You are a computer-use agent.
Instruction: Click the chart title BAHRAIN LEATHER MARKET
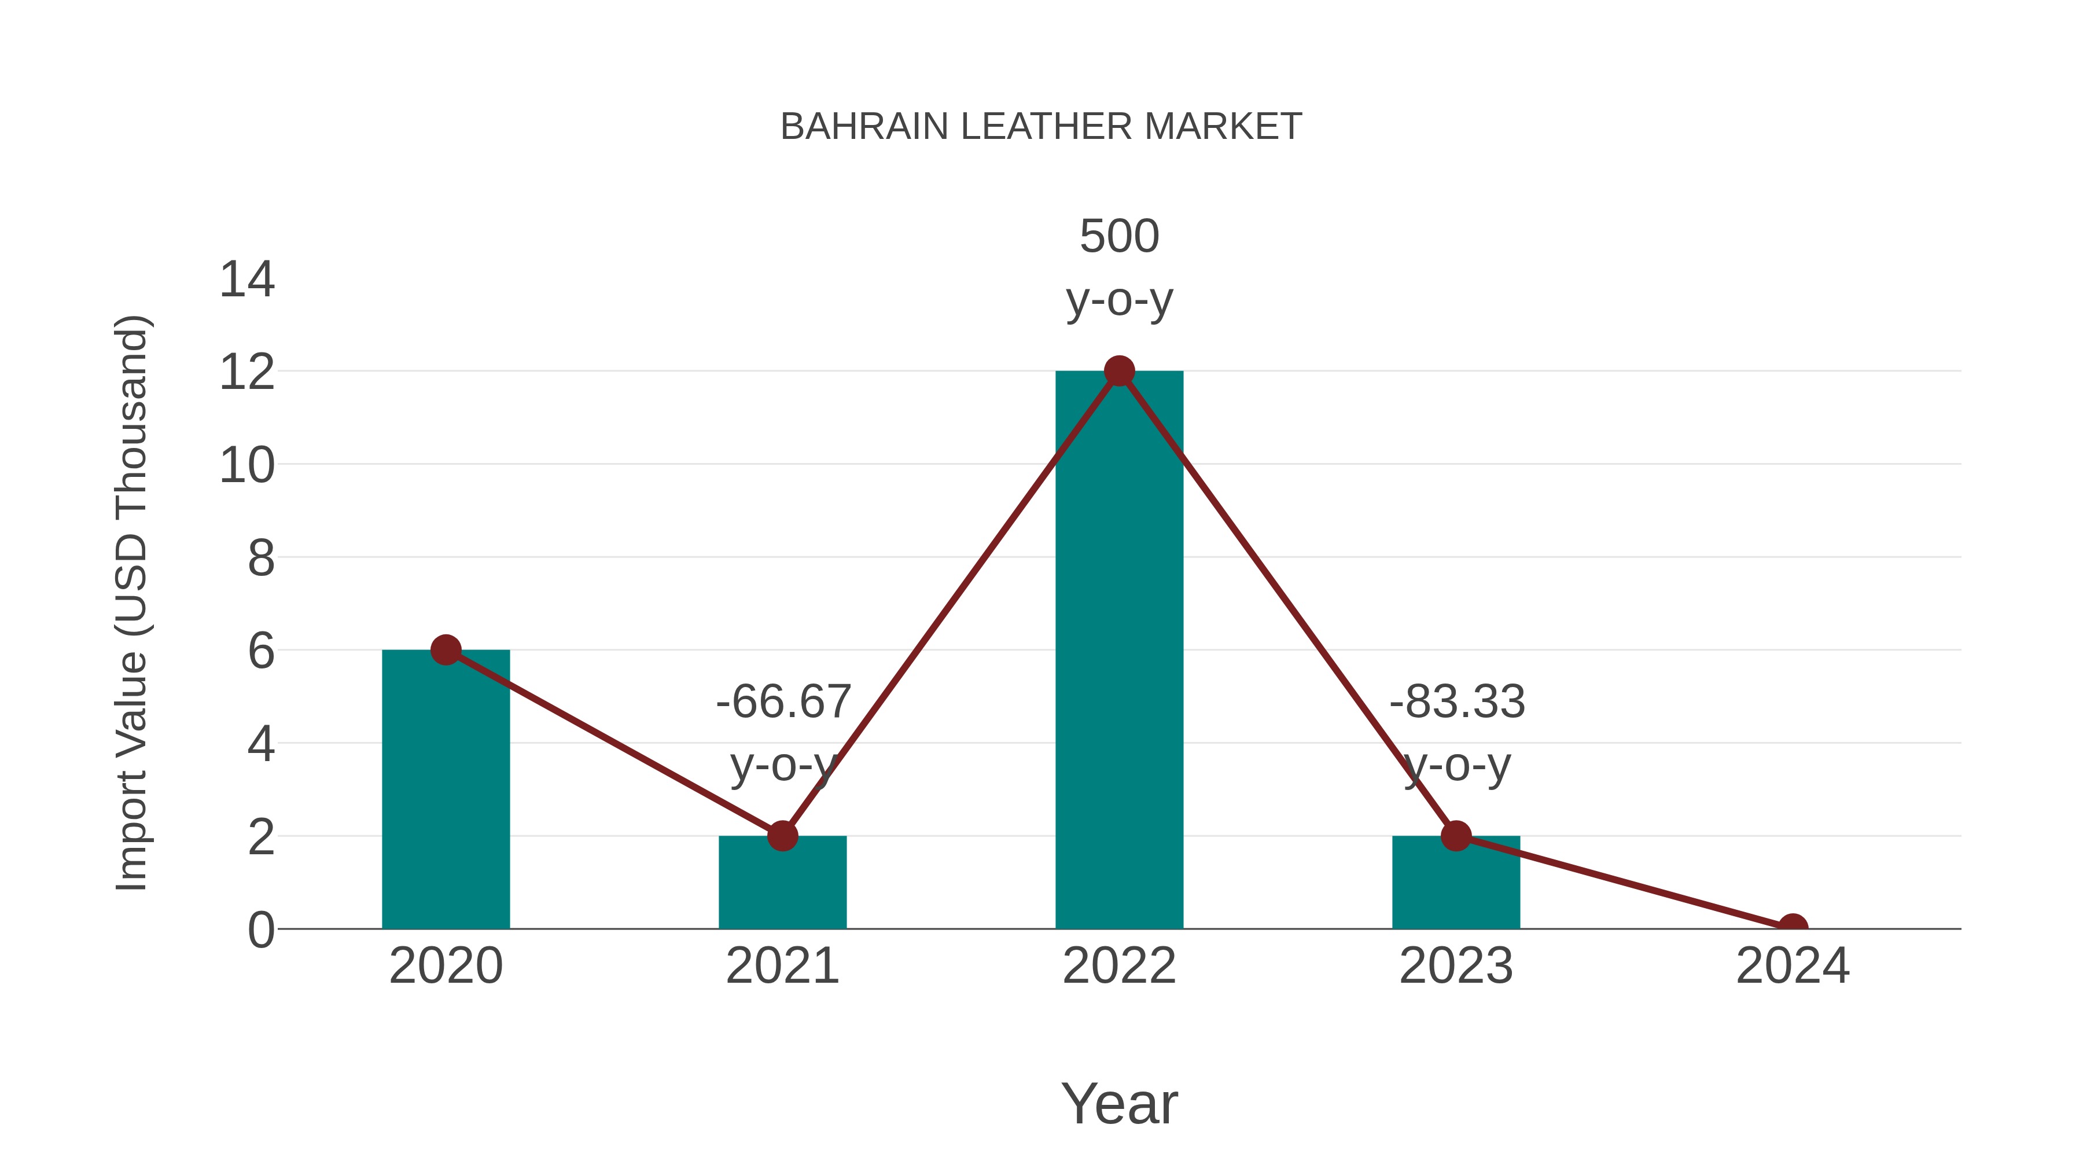pos(1041,127)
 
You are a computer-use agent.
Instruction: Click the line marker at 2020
pos(446,649)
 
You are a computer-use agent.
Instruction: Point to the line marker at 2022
pos(1119,371)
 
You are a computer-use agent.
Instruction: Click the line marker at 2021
pos(782,836)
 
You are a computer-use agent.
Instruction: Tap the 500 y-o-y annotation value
pos(1119,236)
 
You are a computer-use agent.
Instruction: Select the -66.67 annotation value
pos(783,701)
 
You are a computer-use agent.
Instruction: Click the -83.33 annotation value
pos(1457,701)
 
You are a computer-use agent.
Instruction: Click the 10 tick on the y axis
pos(246,466)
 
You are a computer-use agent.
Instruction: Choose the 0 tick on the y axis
pos(260,929)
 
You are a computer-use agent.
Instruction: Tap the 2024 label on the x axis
pos(1793,966)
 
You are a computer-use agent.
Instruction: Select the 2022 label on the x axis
pos(1119,966)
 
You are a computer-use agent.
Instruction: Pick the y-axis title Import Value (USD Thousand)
pos(131,604)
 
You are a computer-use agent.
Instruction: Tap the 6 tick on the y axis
pos(260,651)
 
